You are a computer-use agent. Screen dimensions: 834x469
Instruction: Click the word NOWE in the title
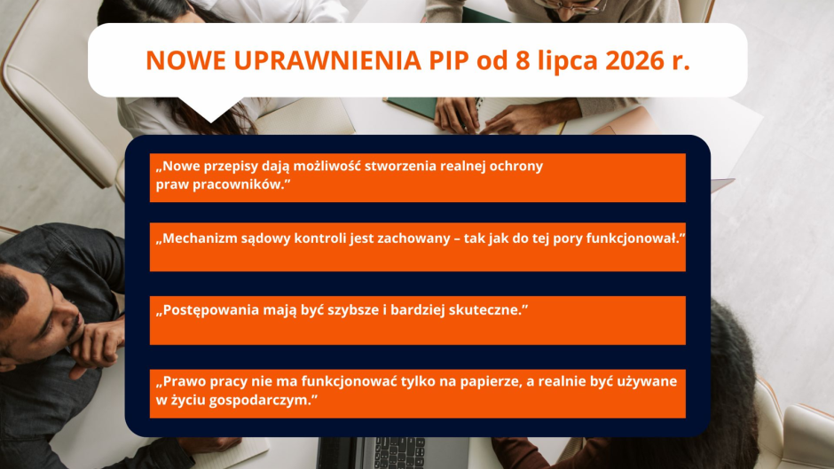click(x=185, y=60)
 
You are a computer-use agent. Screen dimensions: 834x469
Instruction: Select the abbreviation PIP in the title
click(x=448, y=60)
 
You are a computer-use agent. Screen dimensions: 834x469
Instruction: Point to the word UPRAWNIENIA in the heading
click(x=327, y=60)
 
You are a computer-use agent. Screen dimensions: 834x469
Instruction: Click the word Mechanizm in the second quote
click(x=196, y=238)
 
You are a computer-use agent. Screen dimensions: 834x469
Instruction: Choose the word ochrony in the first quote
click(x=516, y=167)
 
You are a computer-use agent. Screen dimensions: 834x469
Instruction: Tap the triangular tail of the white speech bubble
click(x=210, y=109)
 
